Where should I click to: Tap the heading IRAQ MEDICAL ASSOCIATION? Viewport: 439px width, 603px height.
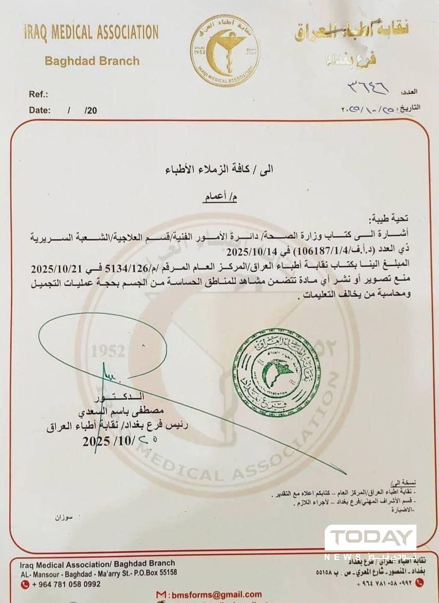(x=91, y=33)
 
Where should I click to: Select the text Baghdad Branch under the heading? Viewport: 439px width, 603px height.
(x=92, y=61)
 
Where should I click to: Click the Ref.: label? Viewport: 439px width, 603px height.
(x=38, y=94)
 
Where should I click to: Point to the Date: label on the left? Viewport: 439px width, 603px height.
(x=39, y=110)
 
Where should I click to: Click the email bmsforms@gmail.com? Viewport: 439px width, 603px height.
(x=215, y=595)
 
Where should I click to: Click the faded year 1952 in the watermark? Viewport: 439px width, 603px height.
(x=108, y=352)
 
